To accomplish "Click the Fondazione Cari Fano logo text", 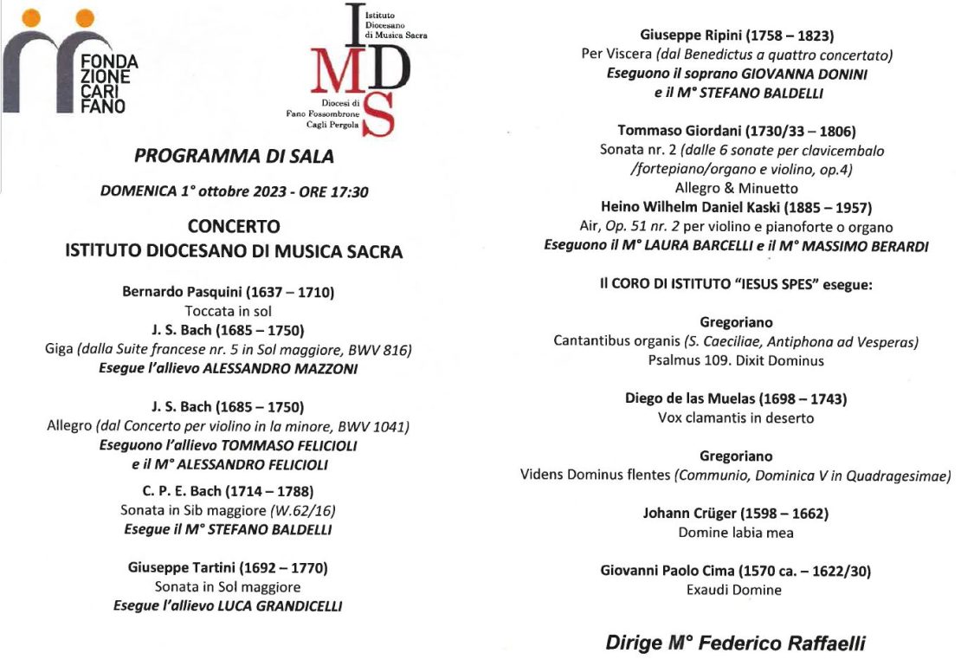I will click(x=104, y=84).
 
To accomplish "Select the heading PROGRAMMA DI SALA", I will click(x=234, y=157).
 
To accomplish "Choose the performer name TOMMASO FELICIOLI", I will click(x=288, y=445).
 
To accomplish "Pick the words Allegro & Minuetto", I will click(x=737, y=188).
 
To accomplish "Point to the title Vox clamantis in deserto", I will click(x=736, y=418).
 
